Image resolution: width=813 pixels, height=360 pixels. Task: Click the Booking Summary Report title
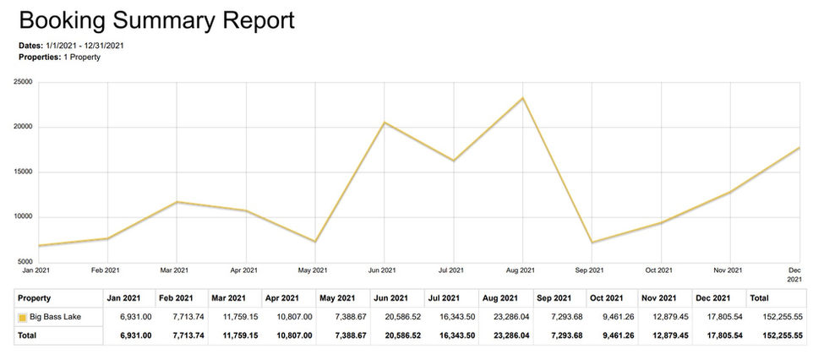pyautogui.click(x=156, y=20)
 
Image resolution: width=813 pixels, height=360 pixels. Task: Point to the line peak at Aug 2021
pyautogui.click(x=523, y=98)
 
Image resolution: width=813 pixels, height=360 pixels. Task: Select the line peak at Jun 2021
pyautogui.click(x=385, y=123)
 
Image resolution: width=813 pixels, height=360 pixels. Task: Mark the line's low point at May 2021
pyautogui.click(x=315, y=242)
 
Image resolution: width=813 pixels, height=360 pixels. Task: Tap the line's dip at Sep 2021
pyautogui.click(x=592, y=243)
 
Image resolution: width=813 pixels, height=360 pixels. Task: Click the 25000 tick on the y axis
pyautogui.click(x=23, y=82)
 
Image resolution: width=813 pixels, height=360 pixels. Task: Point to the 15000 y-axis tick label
pyautogui.click(x=23, y=172)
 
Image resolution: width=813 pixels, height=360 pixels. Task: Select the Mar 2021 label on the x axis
pyautogui.click(x=174, y=270)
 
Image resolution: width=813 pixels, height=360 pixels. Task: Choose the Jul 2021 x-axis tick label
pyautogui.click(x=451, y=270)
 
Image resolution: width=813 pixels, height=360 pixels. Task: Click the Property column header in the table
pyautogui.click(x=35, y=298)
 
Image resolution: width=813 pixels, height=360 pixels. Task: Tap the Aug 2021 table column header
pyautogui.click(x=497, y=298)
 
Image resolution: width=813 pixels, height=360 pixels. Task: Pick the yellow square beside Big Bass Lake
pyautogui.click(x=23, y=318)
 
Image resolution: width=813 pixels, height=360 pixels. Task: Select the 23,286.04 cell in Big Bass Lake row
pyautogui.click(x=508, y=318)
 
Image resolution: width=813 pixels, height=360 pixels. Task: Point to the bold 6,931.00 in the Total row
pyautogui.click(x=133, y=335)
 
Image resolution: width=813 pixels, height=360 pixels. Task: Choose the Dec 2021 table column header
pyautogui.click(x=714, y=298)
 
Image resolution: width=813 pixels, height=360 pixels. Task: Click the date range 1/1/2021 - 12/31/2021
pyautogui.click(x=87, y=45)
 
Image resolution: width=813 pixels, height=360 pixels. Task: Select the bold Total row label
pyautogui.click(x=29, y=335)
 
